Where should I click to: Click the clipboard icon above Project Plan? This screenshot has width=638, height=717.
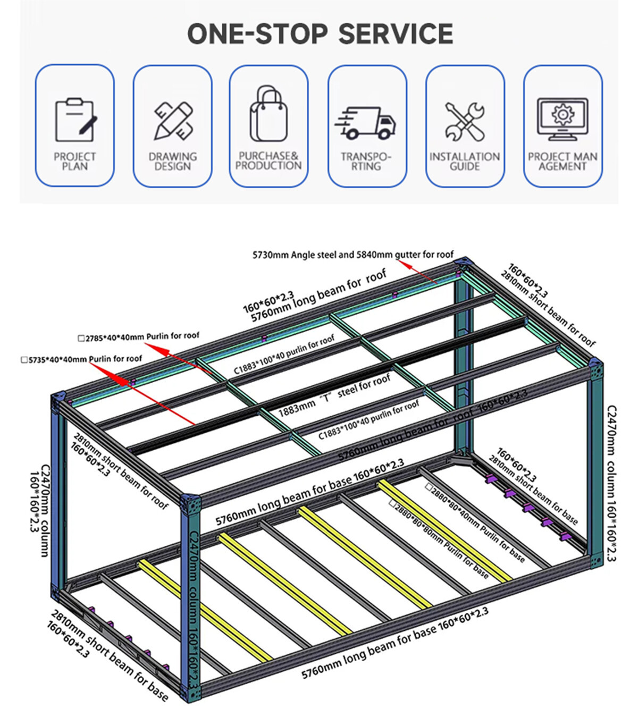click(75, 120)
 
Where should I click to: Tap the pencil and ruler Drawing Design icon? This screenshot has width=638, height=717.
click(173, 121)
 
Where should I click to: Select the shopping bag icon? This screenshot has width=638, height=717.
click(268, 114)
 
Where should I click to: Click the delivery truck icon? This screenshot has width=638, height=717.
click(366, 123)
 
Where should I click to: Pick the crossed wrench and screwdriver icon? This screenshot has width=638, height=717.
click(465, 122)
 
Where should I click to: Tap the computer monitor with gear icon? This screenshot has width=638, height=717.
click(562, 119)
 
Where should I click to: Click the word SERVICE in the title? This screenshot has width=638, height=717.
click(396, 33)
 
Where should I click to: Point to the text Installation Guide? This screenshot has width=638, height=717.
click(465, 162)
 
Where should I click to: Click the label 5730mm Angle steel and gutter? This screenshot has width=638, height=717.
click(353, 255)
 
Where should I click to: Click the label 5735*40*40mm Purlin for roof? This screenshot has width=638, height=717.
click(82, 359)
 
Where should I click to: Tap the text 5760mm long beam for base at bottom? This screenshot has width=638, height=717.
click(394, 644)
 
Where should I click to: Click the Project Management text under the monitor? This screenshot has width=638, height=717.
click(562, 162)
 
